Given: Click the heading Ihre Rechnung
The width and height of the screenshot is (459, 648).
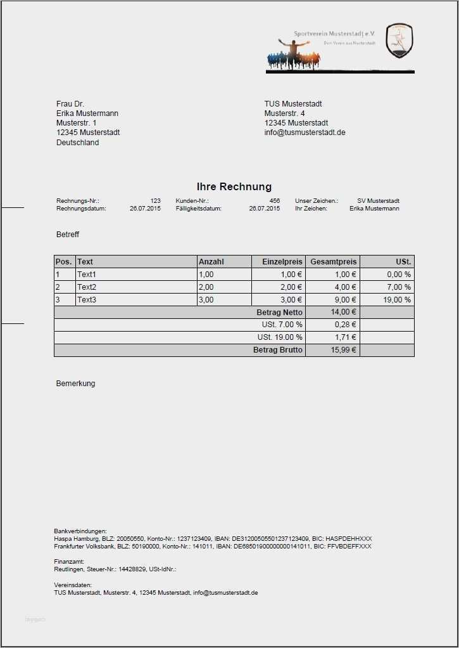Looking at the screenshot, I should point(234,186).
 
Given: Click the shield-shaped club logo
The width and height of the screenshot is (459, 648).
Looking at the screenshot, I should point(399,41).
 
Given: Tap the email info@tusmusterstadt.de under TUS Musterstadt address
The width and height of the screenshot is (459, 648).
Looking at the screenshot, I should point(305,133).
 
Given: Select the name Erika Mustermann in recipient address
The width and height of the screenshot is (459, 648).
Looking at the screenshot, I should point(87,113).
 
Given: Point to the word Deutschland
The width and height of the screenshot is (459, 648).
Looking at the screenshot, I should point(77,143).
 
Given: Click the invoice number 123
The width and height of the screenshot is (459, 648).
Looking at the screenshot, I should point(155,200).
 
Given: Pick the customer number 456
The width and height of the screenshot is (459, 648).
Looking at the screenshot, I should point(274,200).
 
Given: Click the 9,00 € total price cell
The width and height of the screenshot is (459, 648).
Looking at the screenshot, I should point(346,300).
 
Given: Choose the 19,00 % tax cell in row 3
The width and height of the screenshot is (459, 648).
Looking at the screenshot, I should point(398,300).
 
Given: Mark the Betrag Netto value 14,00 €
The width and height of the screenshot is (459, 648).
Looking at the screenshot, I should point(344,313).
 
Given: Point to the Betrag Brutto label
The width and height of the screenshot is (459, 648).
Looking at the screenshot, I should point(278,350).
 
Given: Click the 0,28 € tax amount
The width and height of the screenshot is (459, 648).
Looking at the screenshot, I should point(345,325).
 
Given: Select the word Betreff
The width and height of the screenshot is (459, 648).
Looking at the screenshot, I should point(68,235).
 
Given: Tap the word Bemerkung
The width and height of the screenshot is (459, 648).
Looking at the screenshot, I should point(75,384).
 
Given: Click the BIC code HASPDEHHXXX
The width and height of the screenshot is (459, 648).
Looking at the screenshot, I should point(351,538).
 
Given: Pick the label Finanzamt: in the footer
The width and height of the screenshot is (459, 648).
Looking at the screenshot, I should point(69,561).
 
